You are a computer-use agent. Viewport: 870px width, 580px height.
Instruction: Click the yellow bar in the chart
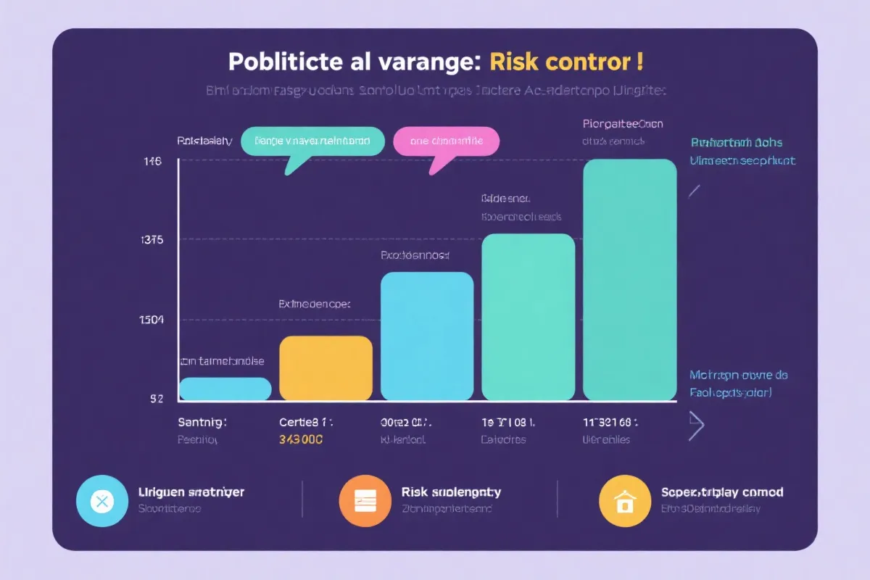[x=326, y=368]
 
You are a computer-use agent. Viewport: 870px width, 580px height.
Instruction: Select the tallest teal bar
[x=629, y=279]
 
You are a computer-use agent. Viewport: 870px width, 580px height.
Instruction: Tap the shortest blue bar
[x=225, y=389]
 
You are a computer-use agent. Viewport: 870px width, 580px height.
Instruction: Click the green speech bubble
[x=312, y=141]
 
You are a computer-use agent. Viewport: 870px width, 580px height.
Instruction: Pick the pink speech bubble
[x=446, y=141]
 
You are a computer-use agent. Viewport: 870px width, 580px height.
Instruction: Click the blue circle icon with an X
[x=101, y=500]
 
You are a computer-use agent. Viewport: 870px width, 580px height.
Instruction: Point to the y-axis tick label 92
[x=156, y=398]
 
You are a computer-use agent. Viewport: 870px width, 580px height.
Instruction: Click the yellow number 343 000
[x=301, y=439]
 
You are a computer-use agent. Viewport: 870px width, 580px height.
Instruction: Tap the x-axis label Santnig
[x=202, y=421]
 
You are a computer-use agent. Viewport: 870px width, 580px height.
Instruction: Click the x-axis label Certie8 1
[x=305, y=421]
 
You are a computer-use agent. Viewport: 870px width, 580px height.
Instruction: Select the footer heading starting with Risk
[x=451, y=492]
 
